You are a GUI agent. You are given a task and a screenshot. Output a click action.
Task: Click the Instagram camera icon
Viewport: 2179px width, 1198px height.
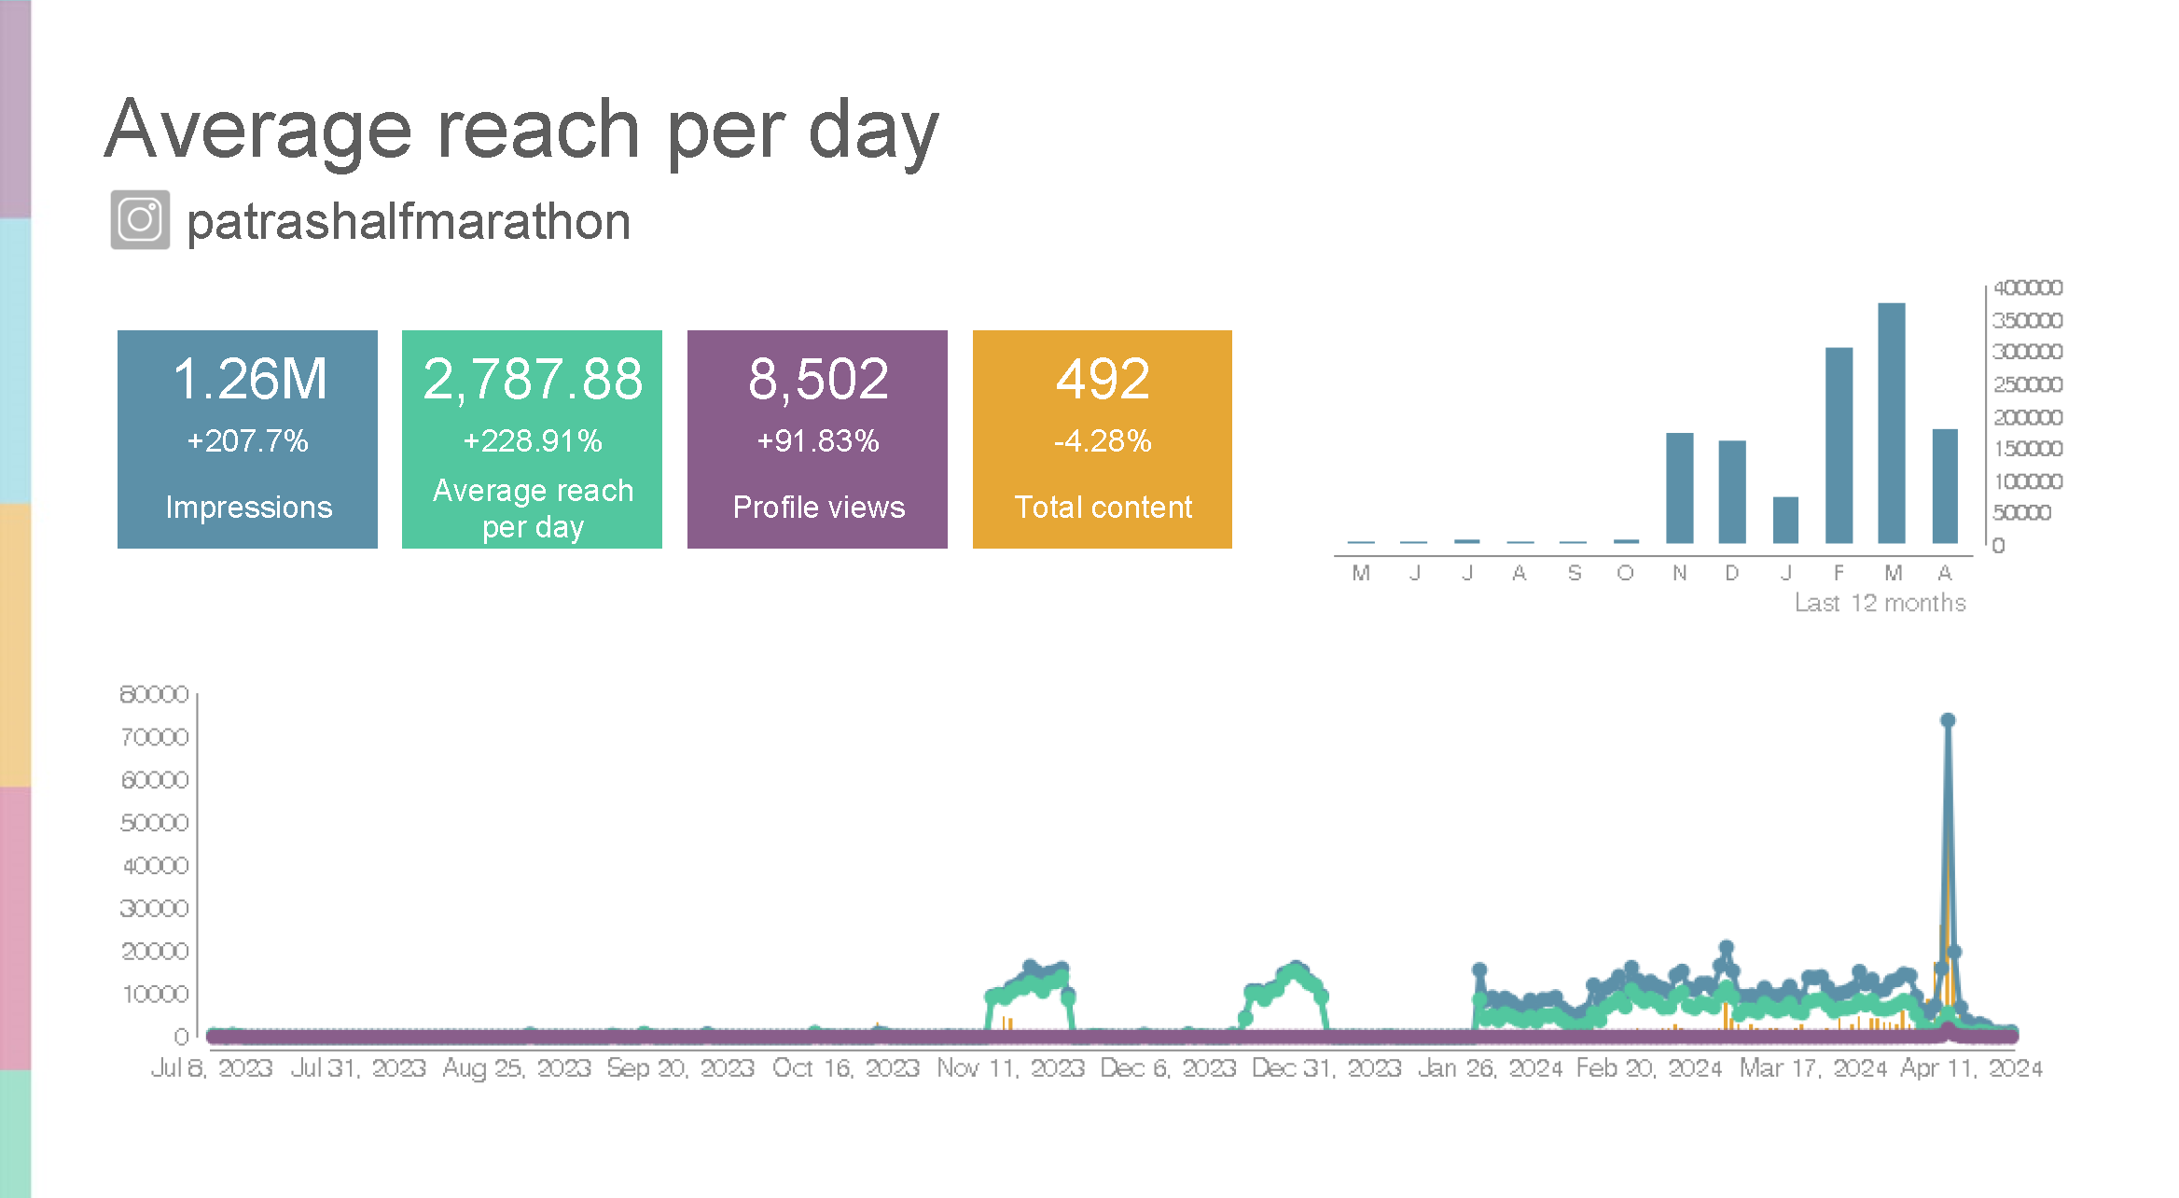pyautogui.click(x=140, y=220)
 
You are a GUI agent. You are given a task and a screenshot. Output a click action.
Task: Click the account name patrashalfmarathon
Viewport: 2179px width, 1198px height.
pyautogui.click(x=409, y=222)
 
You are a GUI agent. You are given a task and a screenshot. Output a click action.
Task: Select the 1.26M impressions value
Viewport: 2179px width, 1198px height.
pyautogui.click(x=250, y=379)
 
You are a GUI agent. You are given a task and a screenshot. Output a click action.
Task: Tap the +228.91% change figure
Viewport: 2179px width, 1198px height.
pyautogui.click(x=533, y=440)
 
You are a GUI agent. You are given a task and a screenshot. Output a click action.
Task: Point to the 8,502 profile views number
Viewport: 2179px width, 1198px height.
pyautogui.click(x=818, y=379)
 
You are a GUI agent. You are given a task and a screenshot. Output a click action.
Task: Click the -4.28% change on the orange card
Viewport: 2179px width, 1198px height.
pyautogui.click(x=1103, y=440)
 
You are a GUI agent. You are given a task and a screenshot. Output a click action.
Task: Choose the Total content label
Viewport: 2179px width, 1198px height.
pyautogui.click(x=1103, y=507)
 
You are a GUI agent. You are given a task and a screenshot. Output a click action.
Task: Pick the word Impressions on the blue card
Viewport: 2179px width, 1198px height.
pyautogui.click(x=248, y=507)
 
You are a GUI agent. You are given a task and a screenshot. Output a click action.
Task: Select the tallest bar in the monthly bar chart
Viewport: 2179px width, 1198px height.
pyautogui.click(x=1891, y=423)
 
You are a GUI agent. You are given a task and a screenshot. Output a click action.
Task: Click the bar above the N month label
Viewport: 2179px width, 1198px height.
pyautogui.click(x=1679, y=487)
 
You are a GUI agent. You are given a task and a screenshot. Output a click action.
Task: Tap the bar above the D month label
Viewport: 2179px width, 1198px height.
pyautogui.click(x=1732, y=491)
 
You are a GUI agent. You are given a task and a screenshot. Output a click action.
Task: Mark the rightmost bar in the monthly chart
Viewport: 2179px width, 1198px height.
pyautogui.click(x=1945, y=485)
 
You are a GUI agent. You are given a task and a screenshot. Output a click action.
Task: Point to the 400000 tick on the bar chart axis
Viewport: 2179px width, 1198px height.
pyautogui.click(x=2027, y=287)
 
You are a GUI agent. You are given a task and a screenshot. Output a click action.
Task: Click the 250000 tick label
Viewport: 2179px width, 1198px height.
pyautogui.click(x=2027, y=384)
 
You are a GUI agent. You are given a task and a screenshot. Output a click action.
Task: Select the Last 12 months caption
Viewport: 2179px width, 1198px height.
pyautogui.click(x=1880, y=603)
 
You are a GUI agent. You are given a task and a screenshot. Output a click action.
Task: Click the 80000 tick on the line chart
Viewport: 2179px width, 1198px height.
pyautogui.click(x=154, y=694)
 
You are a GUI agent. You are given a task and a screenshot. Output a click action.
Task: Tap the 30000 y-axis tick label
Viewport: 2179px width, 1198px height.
pyautogui.click(x=154, y=908)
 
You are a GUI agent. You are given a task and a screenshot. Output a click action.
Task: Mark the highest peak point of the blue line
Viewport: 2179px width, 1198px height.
pyautogui.click(x=1948, y=720)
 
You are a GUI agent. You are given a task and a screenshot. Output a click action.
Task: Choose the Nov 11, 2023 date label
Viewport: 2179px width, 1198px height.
pyautogui.click(x=1010, y=1067)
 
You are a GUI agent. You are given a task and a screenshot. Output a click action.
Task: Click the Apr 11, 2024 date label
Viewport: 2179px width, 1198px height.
pyautogui.click(x=1971, y=1067)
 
